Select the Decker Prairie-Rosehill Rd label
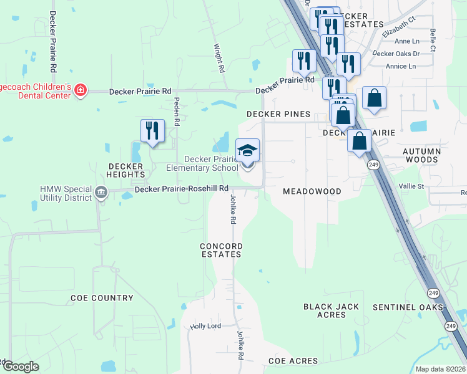point(182,188)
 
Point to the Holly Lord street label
point(206,326)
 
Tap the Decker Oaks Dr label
point(396,54)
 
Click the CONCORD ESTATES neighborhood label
point(220,251)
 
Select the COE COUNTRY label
point(102,298)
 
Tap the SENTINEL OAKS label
point(408,307)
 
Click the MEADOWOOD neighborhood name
point(312,191)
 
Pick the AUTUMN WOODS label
point(421,155)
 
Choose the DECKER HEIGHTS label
point(126,171)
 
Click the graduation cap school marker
point(248,151)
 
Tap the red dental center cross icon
point(80,91)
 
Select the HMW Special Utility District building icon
point(101,193)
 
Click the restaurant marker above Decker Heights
point(152,130)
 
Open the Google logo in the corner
point(20,367)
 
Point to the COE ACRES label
point(293,361)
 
